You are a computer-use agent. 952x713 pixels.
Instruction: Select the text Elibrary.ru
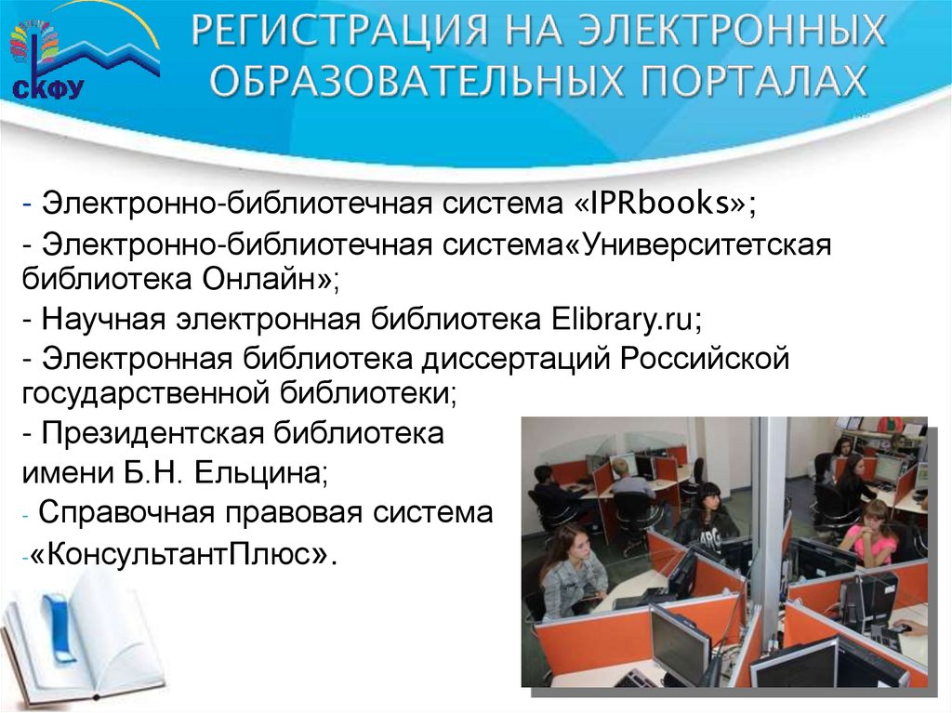619,319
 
